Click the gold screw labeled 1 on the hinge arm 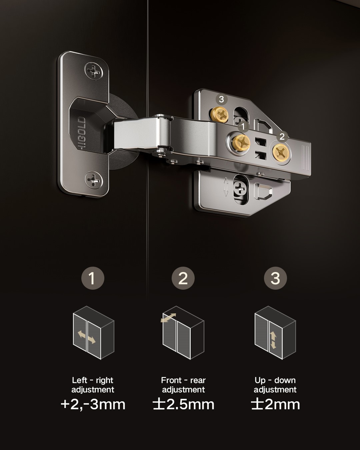pyautogui.click(x=242, y=142)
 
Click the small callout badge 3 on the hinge pyautogui.click(x=221, y=99)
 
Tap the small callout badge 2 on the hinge pyautogui.click(x=282, y=136)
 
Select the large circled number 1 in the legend pyautogui.click(x=93, y=278)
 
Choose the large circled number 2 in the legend pyautogui.click(x=183, y=278)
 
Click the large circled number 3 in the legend pyautogui.click(x=275, y=278)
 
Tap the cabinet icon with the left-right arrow pyautogui.click(x=93, y=333)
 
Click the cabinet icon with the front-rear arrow pyautogui.click(x=183, y=333)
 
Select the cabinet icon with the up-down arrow pyautogui.click(x=275, y=333)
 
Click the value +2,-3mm pyautogui.click(x=93, y=404)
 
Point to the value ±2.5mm pyautogui.click(x=183, y=404)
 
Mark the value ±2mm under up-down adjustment pyautogui.click(x=275, y=404)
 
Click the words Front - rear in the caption pyautogui.click(x=183, y=380)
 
